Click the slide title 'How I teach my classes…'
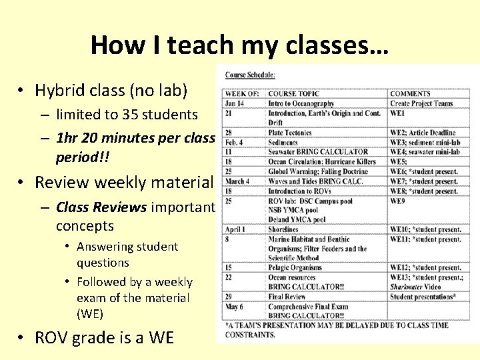239,45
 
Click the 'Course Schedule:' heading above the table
250,75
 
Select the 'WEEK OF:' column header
241,94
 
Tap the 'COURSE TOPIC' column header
293,94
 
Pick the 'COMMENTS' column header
410,94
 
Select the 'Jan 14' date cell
235,103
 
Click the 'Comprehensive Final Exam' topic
310,307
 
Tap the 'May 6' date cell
235,307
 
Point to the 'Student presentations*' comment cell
423,297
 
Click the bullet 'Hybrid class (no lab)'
111,90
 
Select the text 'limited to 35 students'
127,115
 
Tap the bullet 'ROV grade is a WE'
104,337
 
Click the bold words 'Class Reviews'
101,207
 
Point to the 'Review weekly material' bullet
124,182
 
